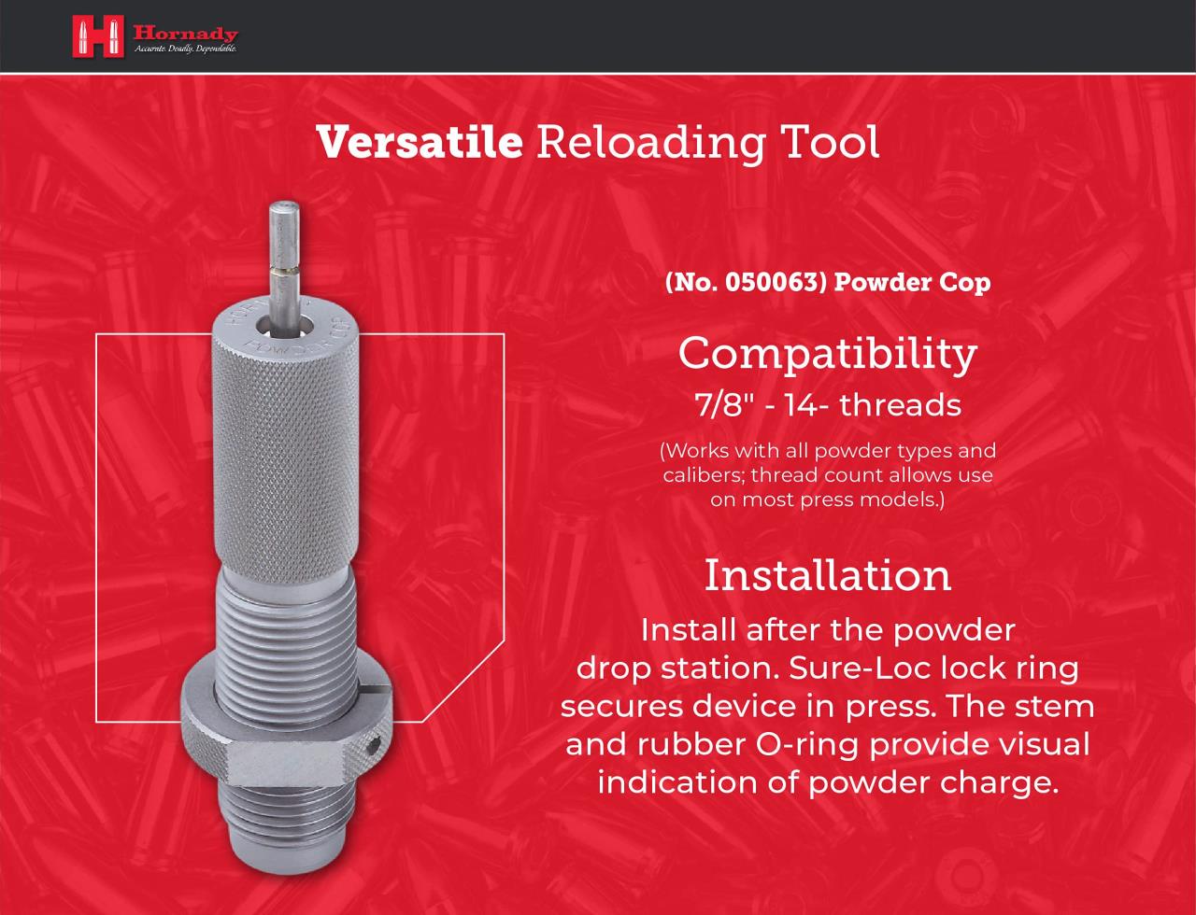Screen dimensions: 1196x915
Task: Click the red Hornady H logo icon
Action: pyautogui.click(x=98, y=36)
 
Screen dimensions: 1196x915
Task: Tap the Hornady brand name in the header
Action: pyautogui.click(x=186, y=35)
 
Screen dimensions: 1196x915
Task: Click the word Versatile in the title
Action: pyautogui.click(x=420, y=141)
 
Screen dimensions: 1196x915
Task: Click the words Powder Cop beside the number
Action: pyautogui.click(x=912, y=282)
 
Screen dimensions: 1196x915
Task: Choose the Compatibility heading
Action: pyautogui.click(x=827, y=354)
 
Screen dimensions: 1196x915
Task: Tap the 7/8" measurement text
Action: pyautogui.click(x=725, y=405)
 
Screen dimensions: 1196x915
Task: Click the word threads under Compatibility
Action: pyautogui.click(x=901, y=405)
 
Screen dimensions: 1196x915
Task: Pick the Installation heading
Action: pyautogui.click(x=828, y=575)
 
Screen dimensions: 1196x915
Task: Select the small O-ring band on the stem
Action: pyautogui.click(x=285, y=270)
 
